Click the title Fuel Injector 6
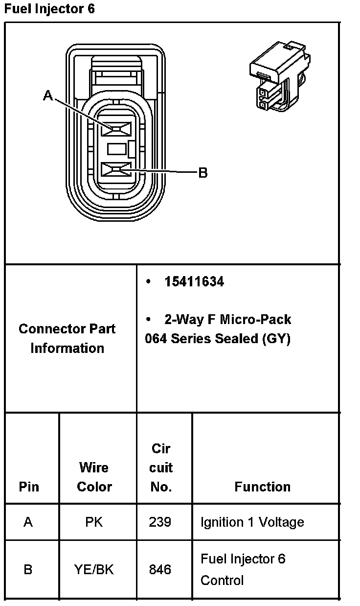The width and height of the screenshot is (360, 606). [49, 9]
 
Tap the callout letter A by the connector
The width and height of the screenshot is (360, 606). [48, 95]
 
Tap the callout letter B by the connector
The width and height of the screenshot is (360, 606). [202, 173]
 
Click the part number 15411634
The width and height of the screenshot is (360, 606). [194, 282]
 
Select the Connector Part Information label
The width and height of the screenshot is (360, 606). [67, 338]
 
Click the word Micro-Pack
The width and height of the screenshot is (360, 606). [255, 320]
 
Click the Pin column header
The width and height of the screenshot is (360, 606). [29, 487]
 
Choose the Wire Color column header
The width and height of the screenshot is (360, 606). [94, 477]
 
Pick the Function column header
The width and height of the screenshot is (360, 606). [262, 487]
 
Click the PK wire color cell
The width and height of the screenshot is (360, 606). [94, 522]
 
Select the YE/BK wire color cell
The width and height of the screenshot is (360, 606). [94, 570]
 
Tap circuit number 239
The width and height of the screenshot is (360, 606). [160, 522]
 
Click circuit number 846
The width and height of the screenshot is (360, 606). [160, 570]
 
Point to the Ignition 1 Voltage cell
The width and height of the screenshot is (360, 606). [252, 522]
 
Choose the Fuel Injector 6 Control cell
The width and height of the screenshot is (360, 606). [243, 570]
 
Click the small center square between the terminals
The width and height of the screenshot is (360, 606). [117, 149]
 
